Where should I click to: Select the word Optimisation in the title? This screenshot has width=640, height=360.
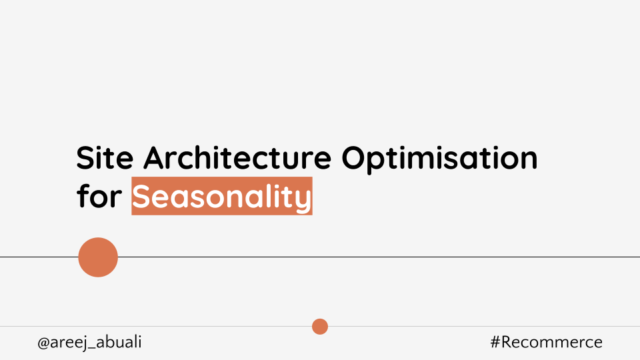pos(439,159)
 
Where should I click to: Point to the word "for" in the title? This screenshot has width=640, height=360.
pos(99,197)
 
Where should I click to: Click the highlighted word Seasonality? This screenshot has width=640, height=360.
pos(222,197)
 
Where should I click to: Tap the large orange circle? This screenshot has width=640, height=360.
pos(98,257)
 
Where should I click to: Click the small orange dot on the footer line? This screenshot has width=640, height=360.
pos(320,327)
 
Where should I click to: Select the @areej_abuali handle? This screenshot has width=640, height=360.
pos(89,343)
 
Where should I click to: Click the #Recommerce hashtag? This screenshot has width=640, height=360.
pos(546,343)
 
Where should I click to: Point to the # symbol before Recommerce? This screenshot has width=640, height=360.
pos(495,343)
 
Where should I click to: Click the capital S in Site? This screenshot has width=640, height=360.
pos(85,159)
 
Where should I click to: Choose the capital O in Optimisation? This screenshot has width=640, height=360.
pos(356,159)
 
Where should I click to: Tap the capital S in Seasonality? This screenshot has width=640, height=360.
pos(143,197)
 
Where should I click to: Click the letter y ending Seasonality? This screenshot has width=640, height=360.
pos(304,200)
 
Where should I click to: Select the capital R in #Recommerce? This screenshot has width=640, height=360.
pos(508,343)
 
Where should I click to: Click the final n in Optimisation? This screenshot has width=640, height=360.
pos(528,161)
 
